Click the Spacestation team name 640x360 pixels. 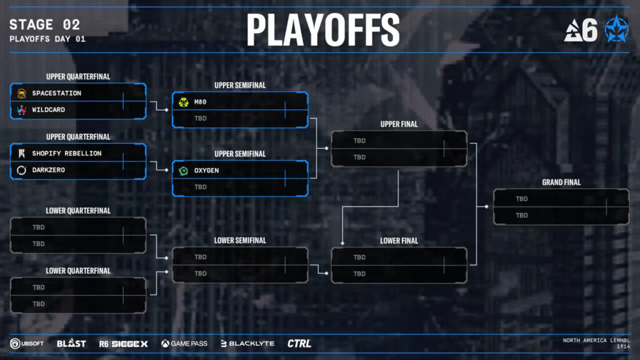click(57, 93)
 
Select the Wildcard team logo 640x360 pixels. click(21, 110)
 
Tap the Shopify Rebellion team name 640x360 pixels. click(67, 153)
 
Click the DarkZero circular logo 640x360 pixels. click(21, 170)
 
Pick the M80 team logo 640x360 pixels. click(183, 102)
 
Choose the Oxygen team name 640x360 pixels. click(207, 170)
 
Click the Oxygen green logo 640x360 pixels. click(183, 170)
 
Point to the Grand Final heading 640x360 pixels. click(561, 182)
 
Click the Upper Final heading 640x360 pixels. click(399, 124)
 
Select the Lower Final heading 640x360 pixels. click(399, 241)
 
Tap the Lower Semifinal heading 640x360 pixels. click(240, 240)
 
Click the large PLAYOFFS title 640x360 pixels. click(322, 29)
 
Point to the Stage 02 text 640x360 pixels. click(44, 25)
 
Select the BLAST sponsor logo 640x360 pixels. click(71, 343)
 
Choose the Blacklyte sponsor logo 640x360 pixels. click(247, 343)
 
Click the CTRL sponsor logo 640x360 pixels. click(299, 343)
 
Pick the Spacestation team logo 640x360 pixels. click(21, 93)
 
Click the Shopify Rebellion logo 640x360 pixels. click(21, 153)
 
